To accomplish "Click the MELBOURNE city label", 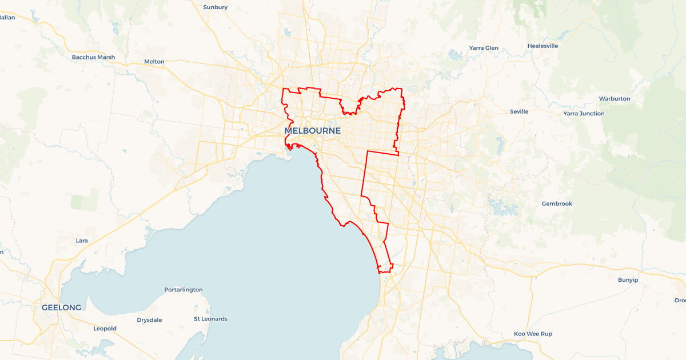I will pos(313,131).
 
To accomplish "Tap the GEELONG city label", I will pos(61,307).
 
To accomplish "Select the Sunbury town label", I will pos(216,7).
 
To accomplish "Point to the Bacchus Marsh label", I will pos(93,57).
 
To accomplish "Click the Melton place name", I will pos(154,62).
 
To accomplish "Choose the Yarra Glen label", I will pos(484,48).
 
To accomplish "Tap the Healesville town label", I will pos(543,46).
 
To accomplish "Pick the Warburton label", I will pos(615,99).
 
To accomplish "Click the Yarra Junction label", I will pos(584,114).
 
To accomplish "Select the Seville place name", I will pos(519,111).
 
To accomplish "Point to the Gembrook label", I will pos(557,204).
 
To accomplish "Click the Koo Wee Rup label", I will pos(533,334).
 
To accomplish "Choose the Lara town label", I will pos(82,241).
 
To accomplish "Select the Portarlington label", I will pos(184,290).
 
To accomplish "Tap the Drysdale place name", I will pos(150,320).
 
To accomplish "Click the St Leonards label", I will pos(210,319).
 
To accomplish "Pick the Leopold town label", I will pos(105,329).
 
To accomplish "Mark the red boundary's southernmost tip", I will pos(380,273).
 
